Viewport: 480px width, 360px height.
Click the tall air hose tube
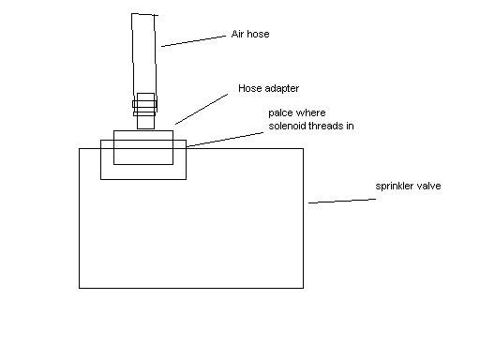click(x=145, y=52)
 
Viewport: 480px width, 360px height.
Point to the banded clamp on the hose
click(x=145, y=103)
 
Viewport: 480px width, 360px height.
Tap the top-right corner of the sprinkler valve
click(x=302, y=147)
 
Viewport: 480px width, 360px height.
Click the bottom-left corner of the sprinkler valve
click(x=80, y=287)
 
